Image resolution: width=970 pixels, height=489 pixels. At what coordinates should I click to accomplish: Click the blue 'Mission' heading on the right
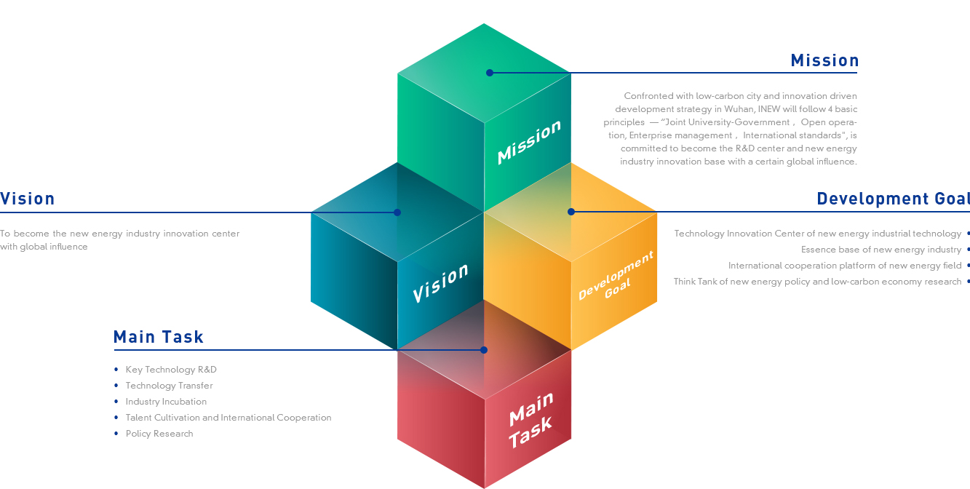[x=824, y=60]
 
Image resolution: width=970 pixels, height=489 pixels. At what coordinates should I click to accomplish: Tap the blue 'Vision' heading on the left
[x=28, y=199]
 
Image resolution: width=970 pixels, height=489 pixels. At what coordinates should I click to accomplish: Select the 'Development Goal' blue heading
[x=894, y=199]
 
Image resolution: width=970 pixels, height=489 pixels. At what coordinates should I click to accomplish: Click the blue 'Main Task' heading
[x=159, y=337]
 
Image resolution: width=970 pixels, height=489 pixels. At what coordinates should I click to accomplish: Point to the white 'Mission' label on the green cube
[x=529, y=142]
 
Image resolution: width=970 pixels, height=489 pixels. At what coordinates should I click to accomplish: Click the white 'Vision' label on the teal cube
[x=440, y=282]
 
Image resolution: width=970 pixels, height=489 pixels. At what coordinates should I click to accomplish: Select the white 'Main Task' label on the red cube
[x=530, y=421]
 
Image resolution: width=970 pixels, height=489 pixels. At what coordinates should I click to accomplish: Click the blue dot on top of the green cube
[x=490, y=73]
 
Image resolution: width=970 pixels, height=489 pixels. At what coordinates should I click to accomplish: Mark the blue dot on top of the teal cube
[x=397, y=212]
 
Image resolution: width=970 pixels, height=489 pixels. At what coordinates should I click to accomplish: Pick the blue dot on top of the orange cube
[x=571, y=212]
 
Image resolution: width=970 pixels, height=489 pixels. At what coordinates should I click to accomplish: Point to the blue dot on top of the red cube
[x=484, y=350]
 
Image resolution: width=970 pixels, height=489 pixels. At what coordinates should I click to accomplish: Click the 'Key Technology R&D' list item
[x=171, y=370]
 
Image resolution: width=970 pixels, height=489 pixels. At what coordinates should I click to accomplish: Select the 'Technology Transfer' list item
[x=169, y=386]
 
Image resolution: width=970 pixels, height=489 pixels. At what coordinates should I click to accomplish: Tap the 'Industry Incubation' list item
[x=166, y=402]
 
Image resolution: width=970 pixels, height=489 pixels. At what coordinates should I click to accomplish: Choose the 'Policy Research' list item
[x=159, y=434]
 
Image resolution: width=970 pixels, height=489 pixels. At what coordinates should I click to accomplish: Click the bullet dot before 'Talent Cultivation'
[x=116, y=418]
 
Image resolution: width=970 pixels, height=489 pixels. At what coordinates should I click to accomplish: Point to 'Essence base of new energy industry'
[x=881, y=250]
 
